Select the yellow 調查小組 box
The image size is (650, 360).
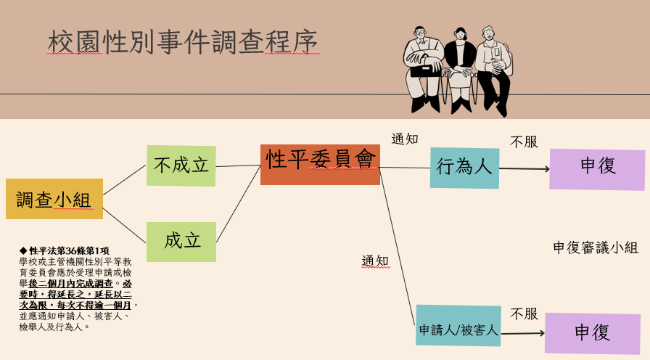click(54, 199)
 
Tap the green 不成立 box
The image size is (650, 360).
click(181, 165)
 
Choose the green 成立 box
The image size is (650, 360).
click(181, 241)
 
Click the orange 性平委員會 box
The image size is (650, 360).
click(320, 164)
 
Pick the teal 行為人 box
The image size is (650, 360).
click(464, 168)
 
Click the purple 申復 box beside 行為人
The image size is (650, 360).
click(597, 169)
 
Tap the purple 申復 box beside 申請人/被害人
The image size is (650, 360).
click(592, 333)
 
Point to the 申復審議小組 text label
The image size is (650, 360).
click(596, 247)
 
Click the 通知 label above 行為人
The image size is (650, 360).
click(405, 139)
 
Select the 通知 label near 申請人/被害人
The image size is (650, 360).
click(376, 261)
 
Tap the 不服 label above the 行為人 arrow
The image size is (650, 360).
click(524, 142)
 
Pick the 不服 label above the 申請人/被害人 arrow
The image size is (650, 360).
click(524, 314)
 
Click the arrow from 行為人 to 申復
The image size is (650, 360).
click(524, 169)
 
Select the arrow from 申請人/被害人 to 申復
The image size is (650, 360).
click(522, 333)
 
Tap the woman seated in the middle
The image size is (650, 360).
click(460, 69)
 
